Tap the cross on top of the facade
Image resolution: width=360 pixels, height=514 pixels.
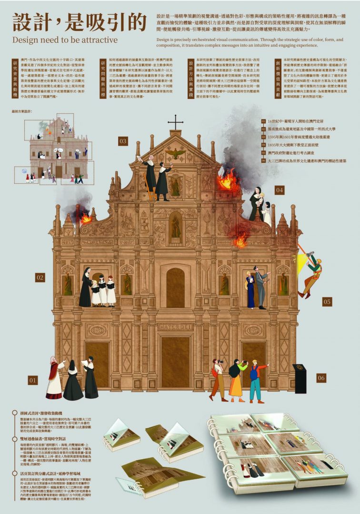click(176, 122)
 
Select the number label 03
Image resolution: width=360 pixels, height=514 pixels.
click(123, 141)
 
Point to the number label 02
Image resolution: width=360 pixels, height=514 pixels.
click(40, 277)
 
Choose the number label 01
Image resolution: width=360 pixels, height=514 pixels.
click(33, 380)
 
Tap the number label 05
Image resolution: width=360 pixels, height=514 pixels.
click(327, 301)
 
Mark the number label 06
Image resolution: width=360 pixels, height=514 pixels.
click(321, 378)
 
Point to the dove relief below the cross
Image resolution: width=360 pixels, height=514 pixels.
click(176, 153)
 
